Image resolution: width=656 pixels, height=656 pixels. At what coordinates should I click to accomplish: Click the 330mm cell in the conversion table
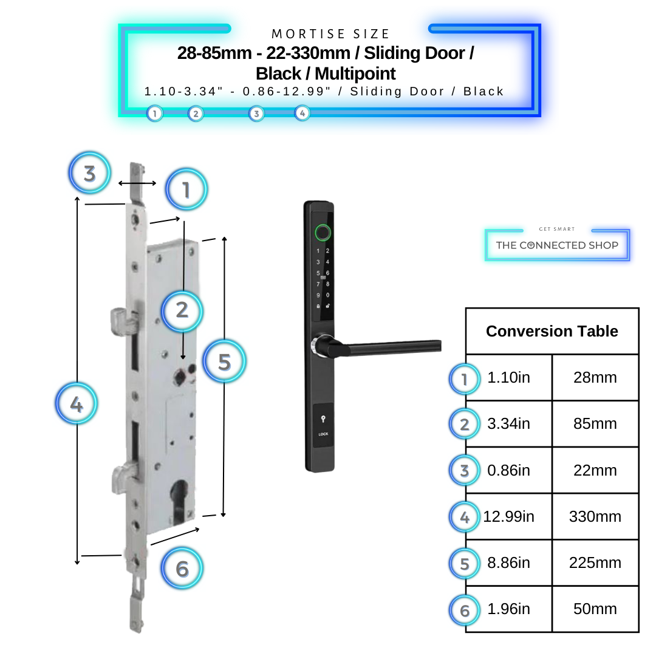point(595,517)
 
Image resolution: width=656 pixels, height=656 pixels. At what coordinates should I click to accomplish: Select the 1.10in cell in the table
point(508,378)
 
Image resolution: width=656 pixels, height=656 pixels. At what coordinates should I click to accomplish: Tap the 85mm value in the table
point(595,424)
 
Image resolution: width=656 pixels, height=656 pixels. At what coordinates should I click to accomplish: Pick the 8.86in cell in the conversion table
point(508,563)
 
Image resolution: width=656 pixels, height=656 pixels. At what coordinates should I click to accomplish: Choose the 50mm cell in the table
point(595,609)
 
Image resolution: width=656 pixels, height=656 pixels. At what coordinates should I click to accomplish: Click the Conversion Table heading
point(552,332)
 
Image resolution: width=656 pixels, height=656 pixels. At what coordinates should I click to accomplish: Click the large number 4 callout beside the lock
point(77,404)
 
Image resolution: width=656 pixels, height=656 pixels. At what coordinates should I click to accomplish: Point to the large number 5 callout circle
point(224,362)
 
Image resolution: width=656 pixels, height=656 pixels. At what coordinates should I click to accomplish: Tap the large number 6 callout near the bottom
point(182,569)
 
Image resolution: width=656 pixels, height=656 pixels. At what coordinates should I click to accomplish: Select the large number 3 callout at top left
point(90,174)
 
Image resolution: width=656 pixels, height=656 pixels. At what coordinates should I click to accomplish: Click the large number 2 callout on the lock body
point(182,310)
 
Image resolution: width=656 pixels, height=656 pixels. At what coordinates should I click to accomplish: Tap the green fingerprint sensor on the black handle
point(323,232)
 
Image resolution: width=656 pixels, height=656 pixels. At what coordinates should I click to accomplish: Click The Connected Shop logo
point(557,245)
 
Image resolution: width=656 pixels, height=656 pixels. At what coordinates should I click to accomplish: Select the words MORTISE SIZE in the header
point(330,34)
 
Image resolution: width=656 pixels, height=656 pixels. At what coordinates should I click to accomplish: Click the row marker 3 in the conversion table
point(465,471)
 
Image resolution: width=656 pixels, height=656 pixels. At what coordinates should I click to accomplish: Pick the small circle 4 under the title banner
point(302,113)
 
